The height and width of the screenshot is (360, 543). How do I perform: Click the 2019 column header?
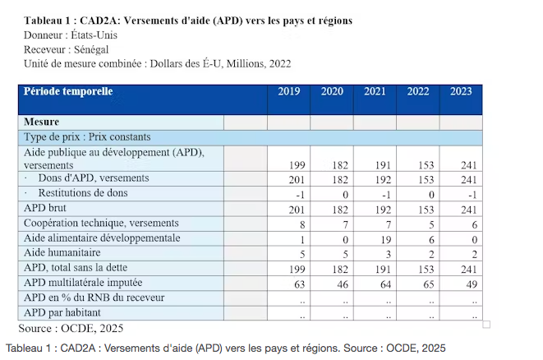pyautogui.click(x=289, y=91)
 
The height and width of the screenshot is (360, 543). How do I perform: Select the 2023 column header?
pyautogui.click(x=461, y=91)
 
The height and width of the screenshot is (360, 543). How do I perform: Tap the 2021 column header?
pyautogui.click(x=375, y=91)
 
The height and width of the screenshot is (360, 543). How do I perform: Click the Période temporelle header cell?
pyautogui.click(x=68, y=91)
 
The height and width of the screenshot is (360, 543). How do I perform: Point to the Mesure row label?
pyautogui.click(x=41, y=122)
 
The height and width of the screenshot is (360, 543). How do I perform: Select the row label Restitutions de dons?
pyautogui.click(x=83, y=193)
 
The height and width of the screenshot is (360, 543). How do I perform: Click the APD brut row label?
pyautogui.click(x=44, y=208)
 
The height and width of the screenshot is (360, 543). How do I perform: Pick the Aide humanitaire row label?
pyautogui.click(x=62, y=252)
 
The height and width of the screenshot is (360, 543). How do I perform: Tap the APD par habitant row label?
pyautogui.click(x=62, y=312)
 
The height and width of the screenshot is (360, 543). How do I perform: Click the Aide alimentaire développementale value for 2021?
pyautogui.click(x=386, y=240)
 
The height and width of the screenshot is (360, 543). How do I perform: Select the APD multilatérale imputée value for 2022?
pyautogui.click(x=428, y=284)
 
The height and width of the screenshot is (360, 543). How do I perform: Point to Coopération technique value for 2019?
pyautogui.click(x=302, y=225)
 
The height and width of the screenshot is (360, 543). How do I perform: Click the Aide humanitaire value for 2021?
pyautogui.click(x=389, y=255)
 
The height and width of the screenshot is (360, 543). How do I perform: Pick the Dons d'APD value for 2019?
pyautogui.click(x=297, y=180)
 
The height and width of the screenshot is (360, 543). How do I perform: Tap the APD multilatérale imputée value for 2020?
pyautogui.click(x=343, y=284)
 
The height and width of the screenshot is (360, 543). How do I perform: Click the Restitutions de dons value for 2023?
pyautogui.click(x=472, y=195)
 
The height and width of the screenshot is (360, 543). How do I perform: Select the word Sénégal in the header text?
pyautogui.click(x=91, y=50)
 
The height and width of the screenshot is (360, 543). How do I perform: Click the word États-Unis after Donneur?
pyautogui.click(x=94, y=35)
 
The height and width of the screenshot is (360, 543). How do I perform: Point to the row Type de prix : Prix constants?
pyautogui.click(x=87, y=137)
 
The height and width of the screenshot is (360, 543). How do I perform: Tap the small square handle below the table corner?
pyautogui.click(x=486, y=325)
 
